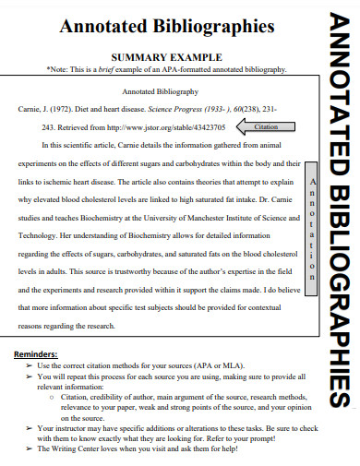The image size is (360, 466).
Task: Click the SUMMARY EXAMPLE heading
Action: coord(154,56)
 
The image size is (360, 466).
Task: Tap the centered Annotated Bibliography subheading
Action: coord(154,92)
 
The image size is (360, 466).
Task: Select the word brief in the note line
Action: coord(113,69)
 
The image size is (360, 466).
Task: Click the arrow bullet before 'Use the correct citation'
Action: coord(30,365)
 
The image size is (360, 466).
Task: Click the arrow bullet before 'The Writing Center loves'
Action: coord(30,448)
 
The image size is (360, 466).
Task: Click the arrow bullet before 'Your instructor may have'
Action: coord(30,427)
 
